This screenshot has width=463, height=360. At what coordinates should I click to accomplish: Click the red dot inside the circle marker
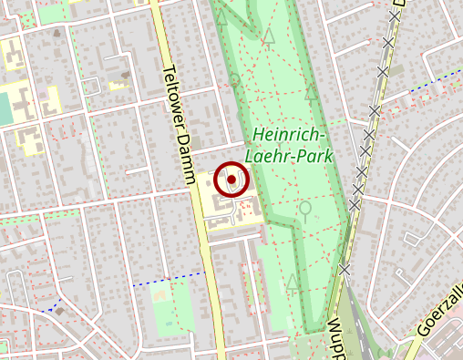[x=231, y=180]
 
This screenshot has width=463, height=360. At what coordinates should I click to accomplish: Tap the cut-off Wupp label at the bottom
[x=333, y=337]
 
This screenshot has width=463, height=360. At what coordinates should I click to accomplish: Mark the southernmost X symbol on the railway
[x=345, y=269]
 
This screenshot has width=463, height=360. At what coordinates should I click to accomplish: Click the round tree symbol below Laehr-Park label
[x=305, y=208]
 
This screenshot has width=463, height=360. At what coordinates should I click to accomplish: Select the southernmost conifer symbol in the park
[x=293, y=283]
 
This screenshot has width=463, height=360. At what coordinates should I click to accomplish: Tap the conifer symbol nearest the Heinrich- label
[x=313, y=91]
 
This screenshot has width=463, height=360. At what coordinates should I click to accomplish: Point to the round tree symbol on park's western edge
[x=234, y=80]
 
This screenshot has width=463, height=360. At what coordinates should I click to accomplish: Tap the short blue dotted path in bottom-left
[x=57, y=304]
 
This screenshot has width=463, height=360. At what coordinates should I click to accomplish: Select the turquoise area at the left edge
[x=5, y=109]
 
